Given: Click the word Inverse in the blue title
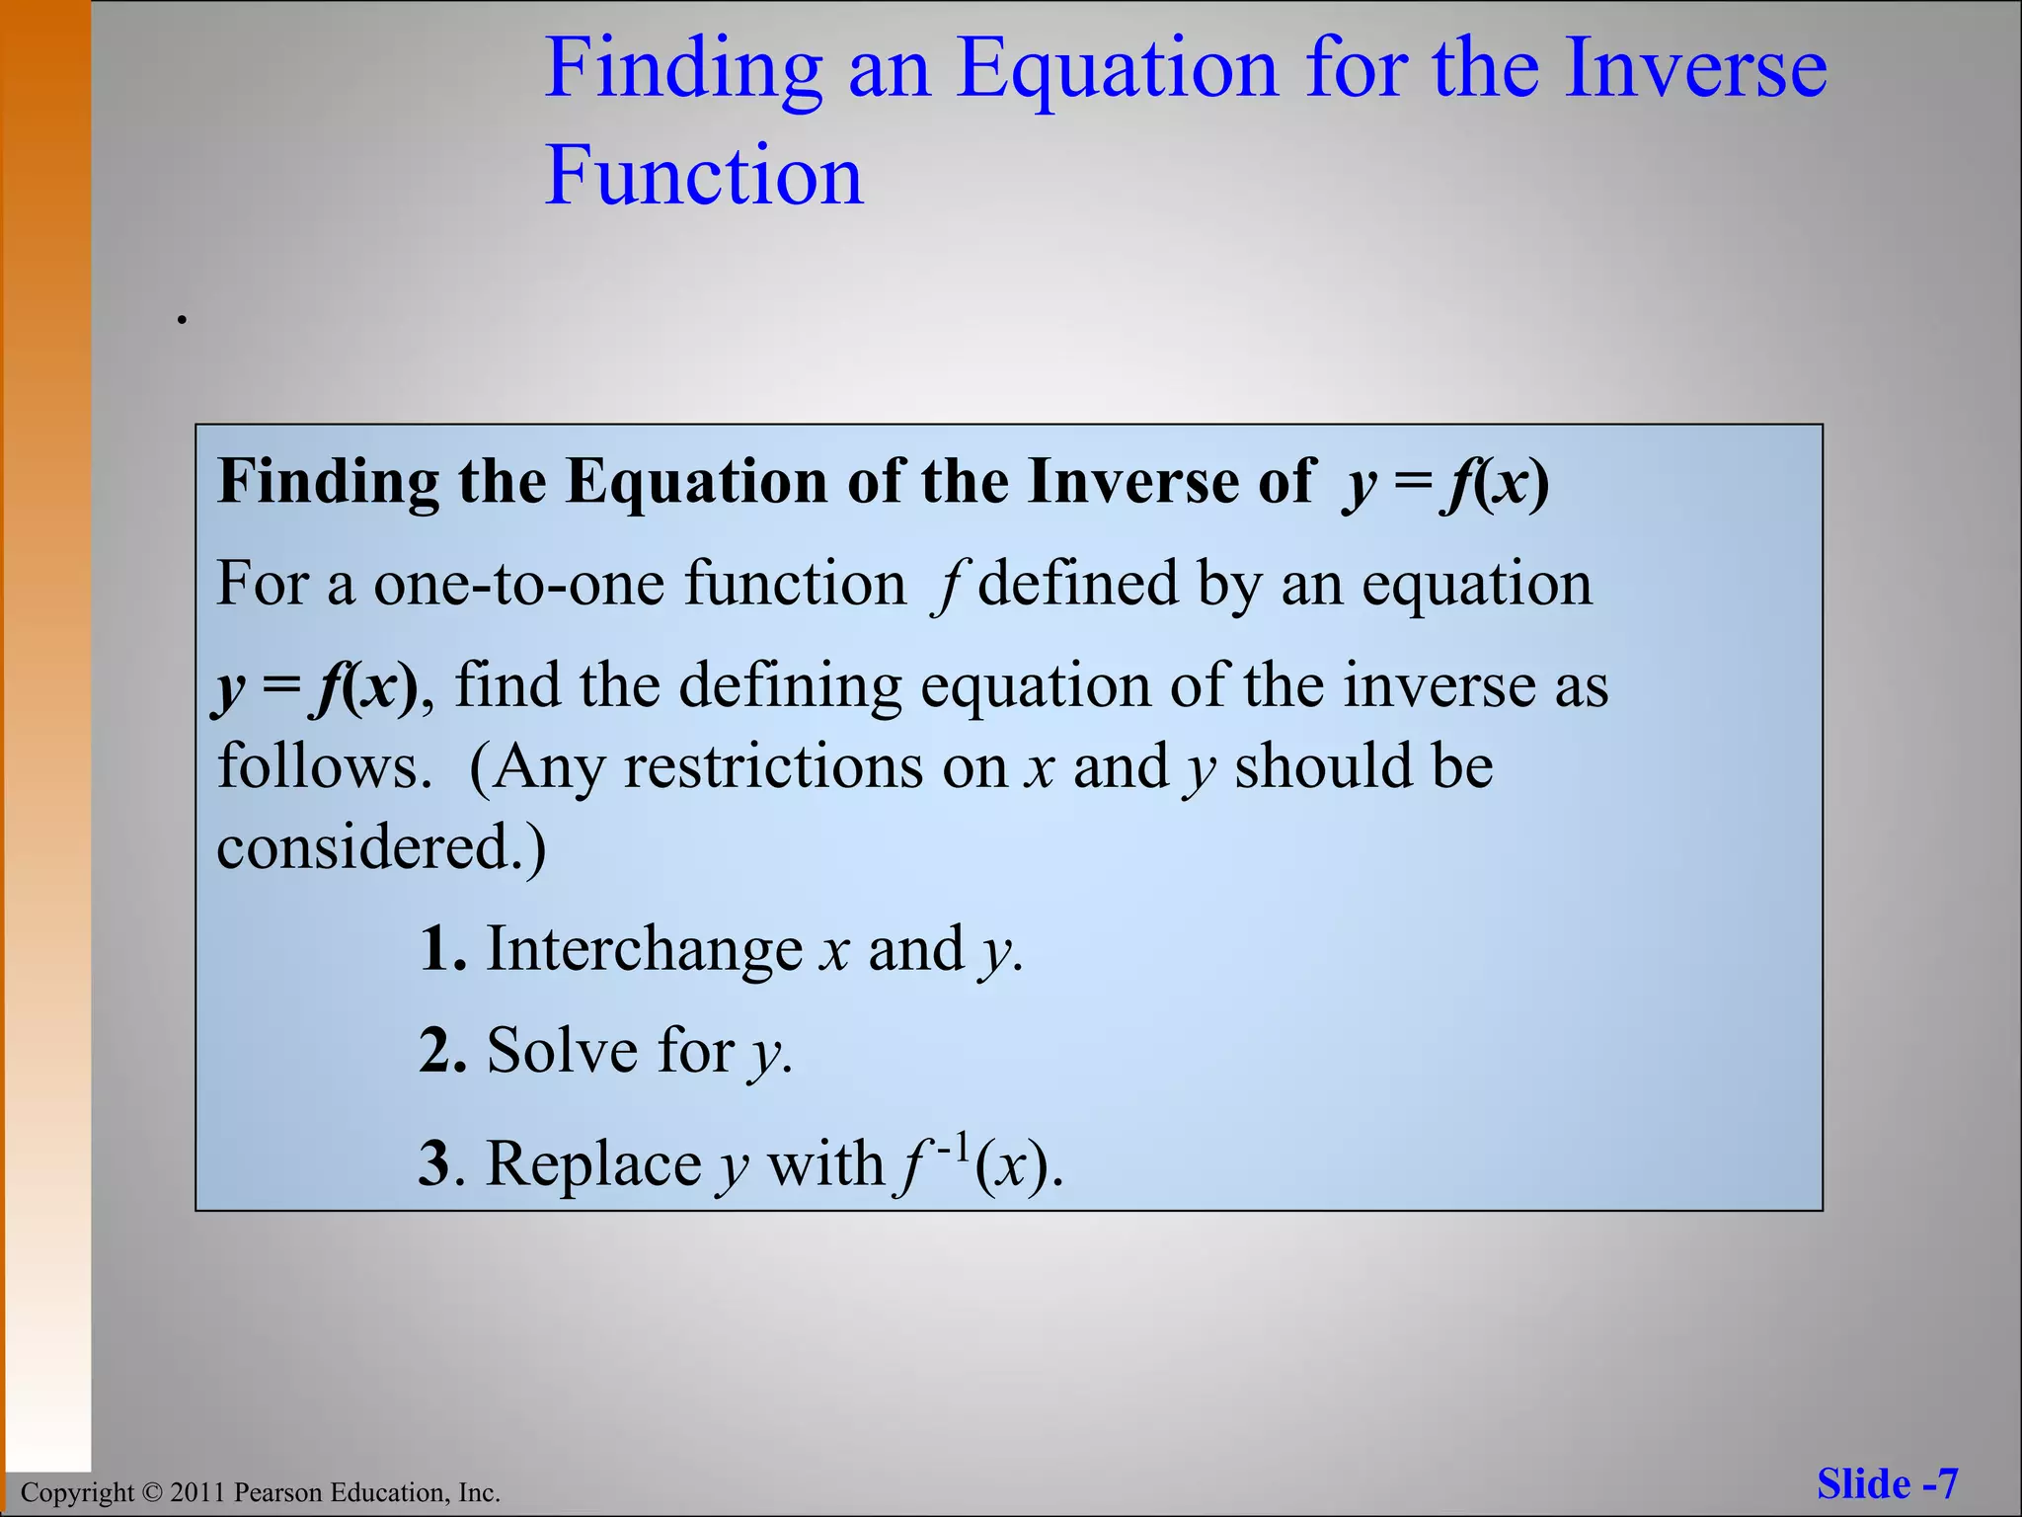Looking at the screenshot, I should click(1695, 69).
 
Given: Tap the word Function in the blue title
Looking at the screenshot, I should click(704, 176).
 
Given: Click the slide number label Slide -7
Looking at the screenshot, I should click(1887, 1484).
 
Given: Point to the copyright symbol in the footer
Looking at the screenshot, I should click(150, 1492).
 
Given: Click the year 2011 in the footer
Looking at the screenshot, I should click(197, 1492).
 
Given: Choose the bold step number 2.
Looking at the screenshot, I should click(439, 1051).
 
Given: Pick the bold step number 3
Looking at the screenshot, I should click(434, 1163).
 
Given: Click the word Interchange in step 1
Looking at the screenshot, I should click(644, 950).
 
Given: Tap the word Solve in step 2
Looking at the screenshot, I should click(562, 1051).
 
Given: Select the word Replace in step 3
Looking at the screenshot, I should click(593, 1163).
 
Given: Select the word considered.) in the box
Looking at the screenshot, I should click(381, 848).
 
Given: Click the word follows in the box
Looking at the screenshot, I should click(322, 766).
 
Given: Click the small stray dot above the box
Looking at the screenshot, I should click(182, 319).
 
